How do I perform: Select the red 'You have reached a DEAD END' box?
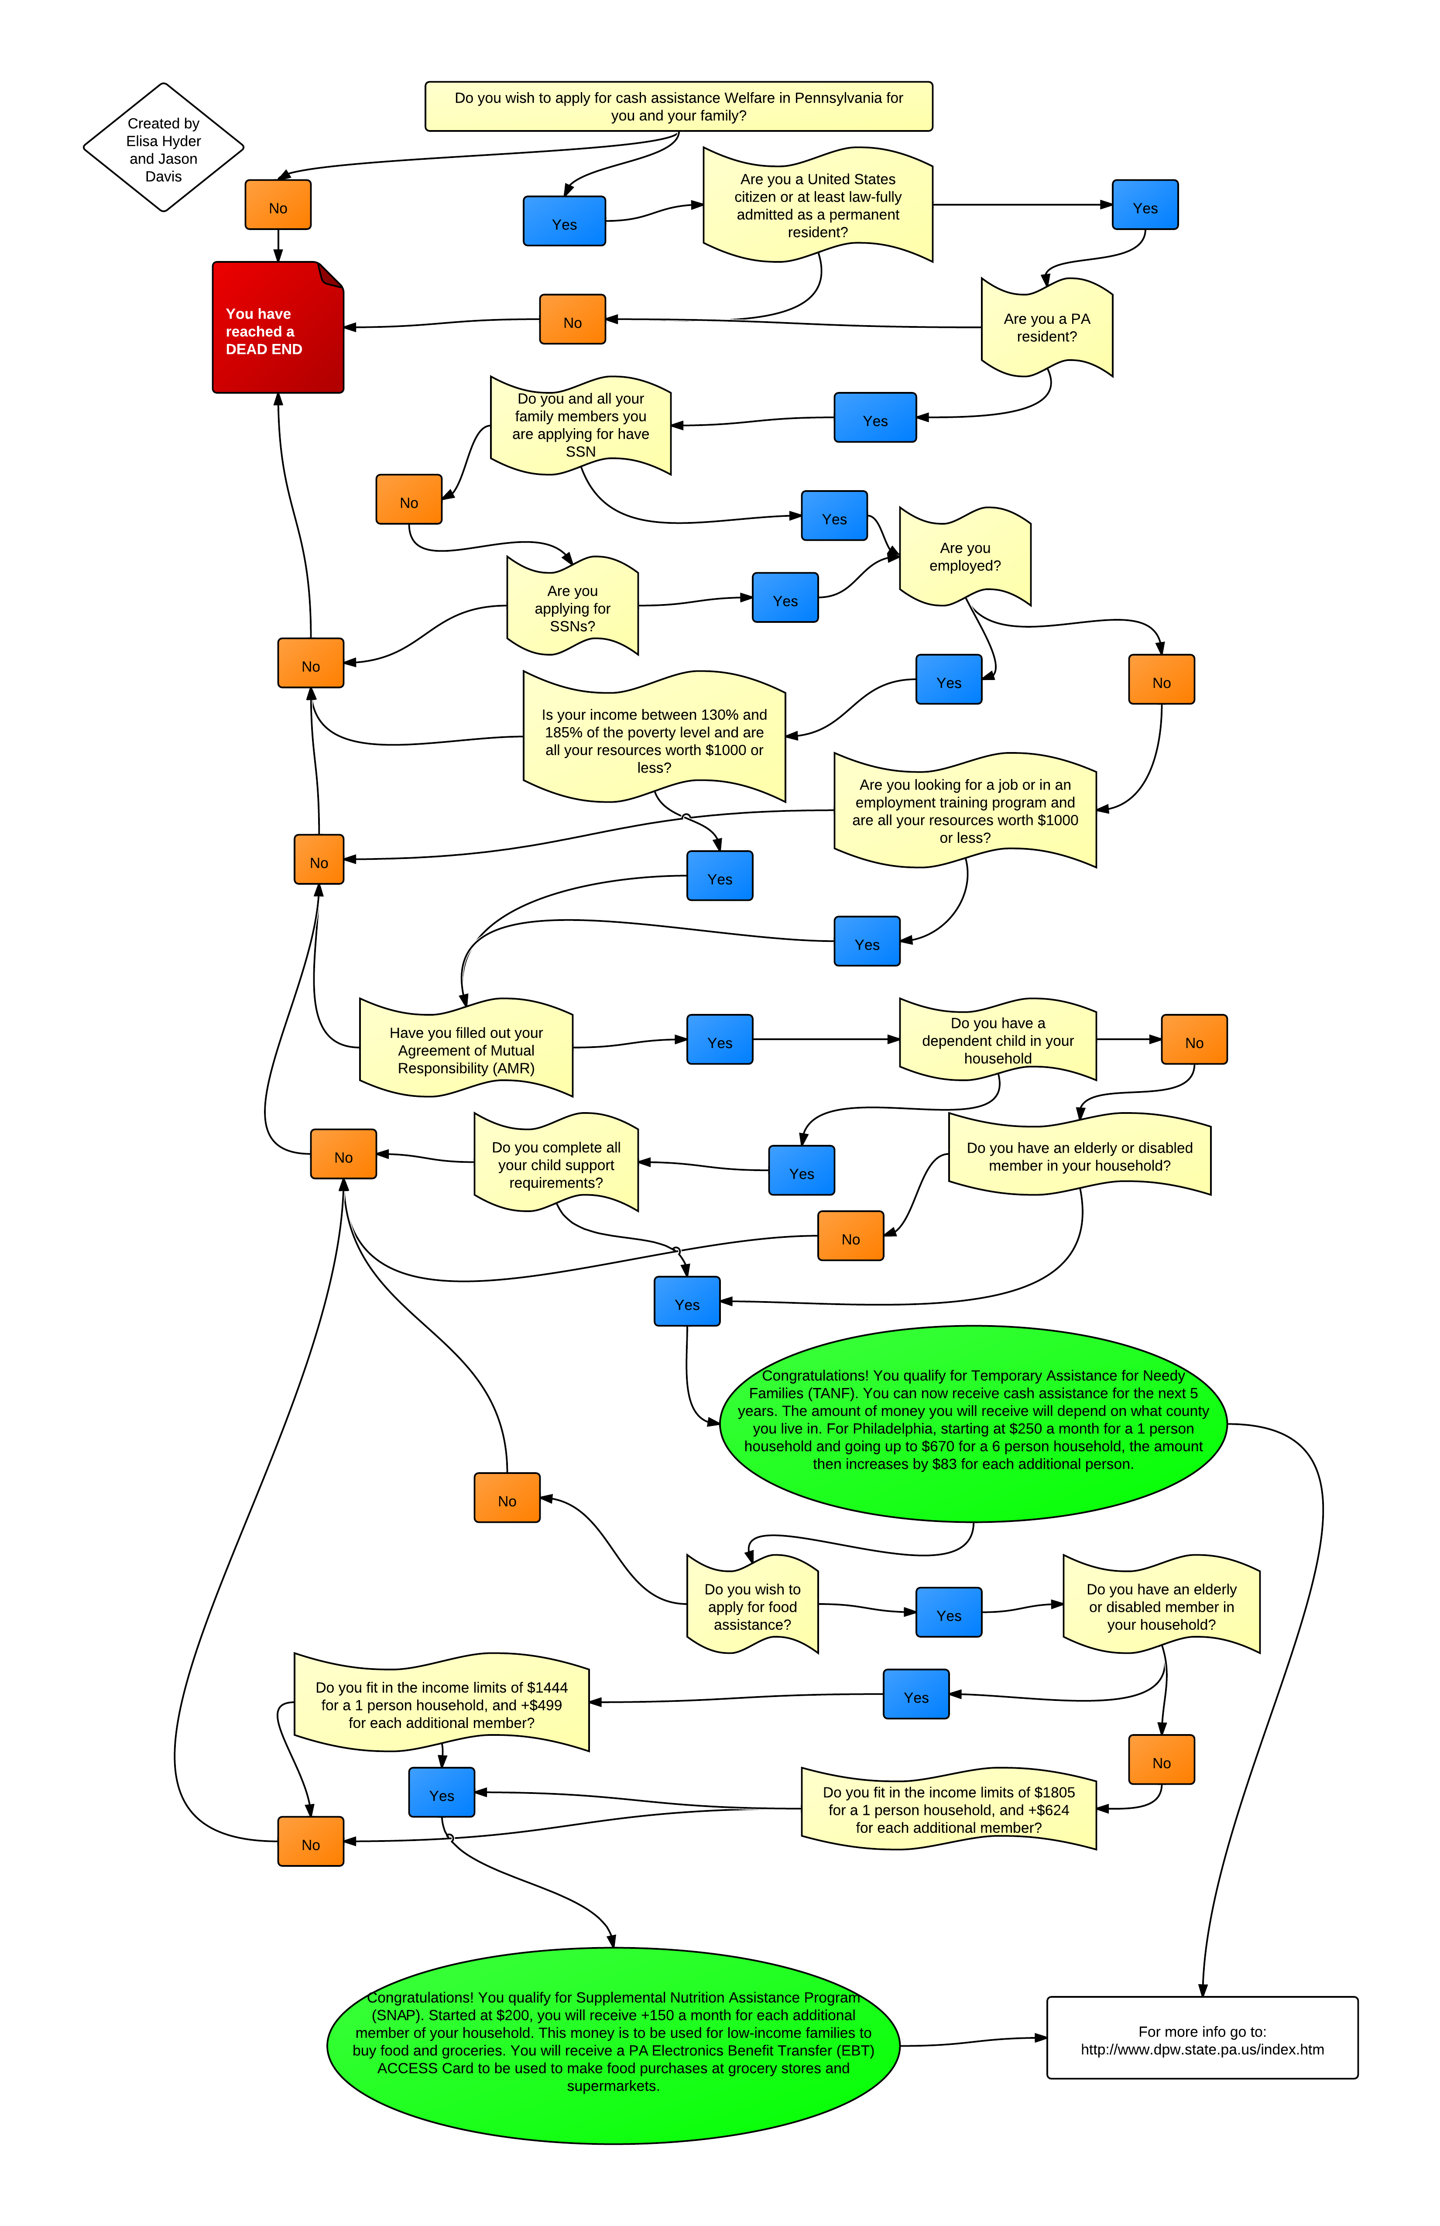pos(278,327)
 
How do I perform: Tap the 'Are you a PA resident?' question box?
pos(1046,327)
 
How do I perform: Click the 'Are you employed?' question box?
pos(964,556)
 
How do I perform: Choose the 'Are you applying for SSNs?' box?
pos(572,608)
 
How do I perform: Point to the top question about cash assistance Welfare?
pos(679,106)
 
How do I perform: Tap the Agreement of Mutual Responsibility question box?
pos(466,1049)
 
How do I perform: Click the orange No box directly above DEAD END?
pos(278,206)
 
